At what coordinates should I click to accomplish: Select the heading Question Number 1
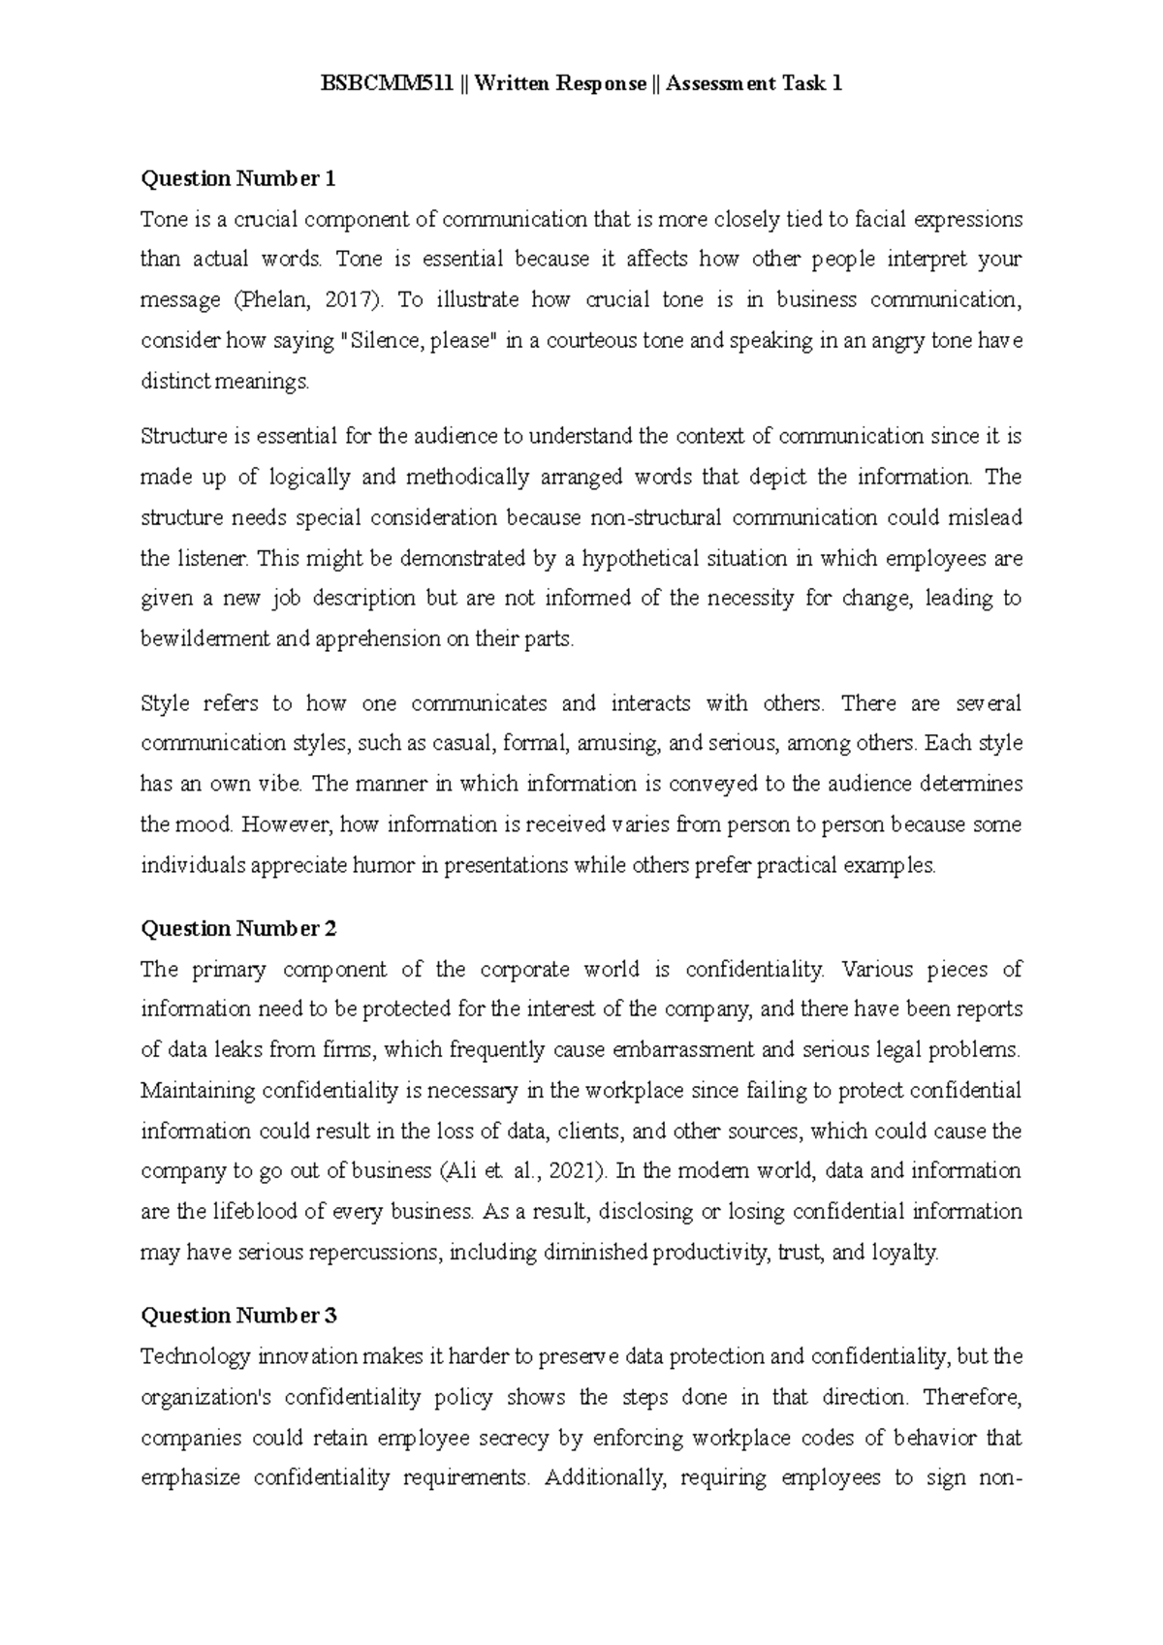pyautogui.click(x=238, y=179)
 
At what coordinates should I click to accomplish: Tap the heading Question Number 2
pyautogui.click(x=238, y=929)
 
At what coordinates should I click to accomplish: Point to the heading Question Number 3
pyautogui.click(x=238, y=1316)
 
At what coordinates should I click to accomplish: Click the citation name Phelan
pyautogui.click(x=274, y=300)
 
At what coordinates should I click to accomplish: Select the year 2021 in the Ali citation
pyautogui.click(x=574, y=1171)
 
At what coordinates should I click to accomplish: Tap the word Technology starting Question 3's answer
pyautogui.click(x=196, y=1356)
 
